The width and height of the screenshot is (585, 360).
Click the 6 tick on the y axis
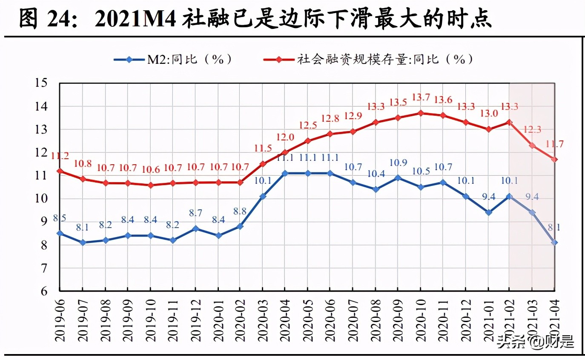pyautogui.click(x=44, y=291)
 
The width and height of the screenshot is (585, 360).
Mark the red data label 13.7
pyautogui.click(x=421, y=97)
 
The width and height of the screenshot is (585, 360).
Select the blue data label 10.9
pyautogui.click(x=398, y=163)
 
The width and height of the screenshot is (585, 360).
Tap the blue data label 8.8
pyautogui.click(x=239, y=211)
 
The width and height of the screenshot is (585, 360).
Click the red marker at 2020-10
pyautogui.click(x=420, y=113)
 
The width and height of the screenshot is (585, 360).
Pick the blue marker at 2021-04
pyautogui.click(x=555, y=243)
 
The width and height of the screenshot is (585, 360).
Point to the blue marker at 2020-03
pyautogui.click(x=262, y=196)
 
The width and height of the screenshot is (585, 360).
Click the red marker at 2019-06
pyautogui.click(x=60, y=171)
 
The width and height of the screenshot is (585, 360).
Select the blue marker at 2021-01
pyautogui.click(x=488, y=212)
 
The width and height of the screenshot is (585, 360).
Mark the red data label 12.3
pyautogui.click(x=532, y=130)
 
